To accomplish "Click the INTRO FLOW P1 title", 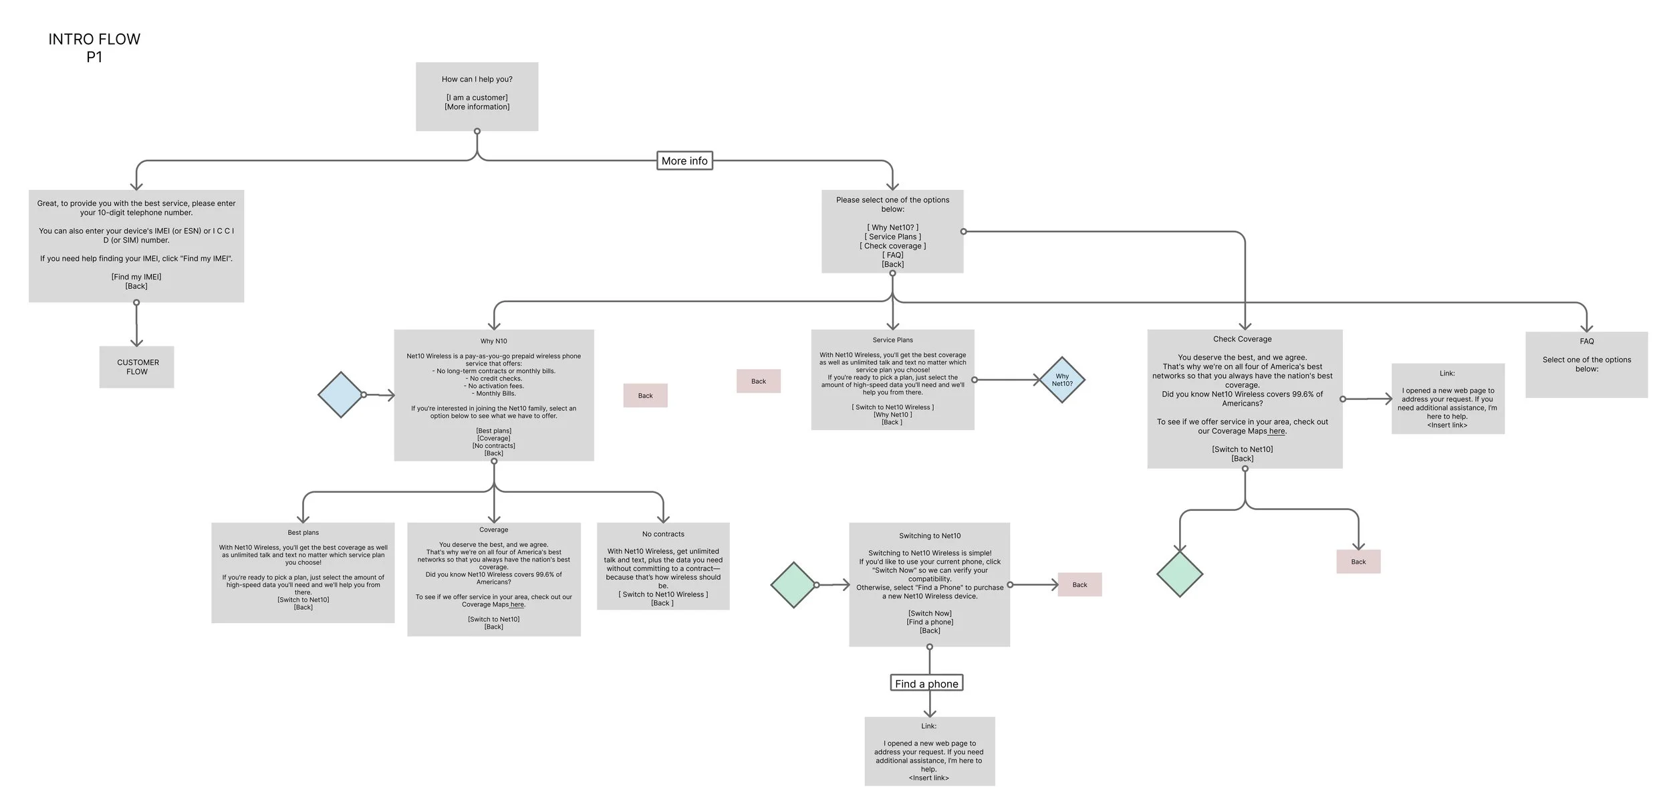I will click(x=94, y=48).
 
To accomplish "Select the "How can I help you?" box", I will click(x=477, y=96).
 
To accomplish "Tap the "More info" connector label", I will click(x=684, y=161).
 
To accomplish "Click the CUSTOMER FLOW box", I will click(x=137, y=367).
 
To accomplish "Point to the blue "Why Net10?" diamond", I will click(x=1061, y=380).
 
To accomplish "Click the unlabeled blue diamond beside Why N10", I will click(x=340, y=394).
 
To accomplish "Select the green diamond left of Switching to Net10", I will click(x=793, y=585).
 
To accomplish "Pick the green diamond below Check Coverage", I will click(x=1179, y=574).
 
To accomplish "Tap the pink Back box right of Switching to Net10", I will click(x=1079, y=585).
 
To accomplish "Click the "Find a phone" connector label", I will click(x=926, y=683).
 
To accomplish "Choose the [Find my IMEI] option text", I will click(x=136, y=277).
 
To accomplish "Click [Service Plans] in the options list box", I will click(x=892, y=237).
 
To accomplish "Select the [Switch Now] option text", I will click(x=929, y=613).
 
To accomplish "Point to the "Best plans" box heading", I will click(x=303, y=533).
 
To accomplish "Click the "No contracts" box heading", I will click(x=663, y=534).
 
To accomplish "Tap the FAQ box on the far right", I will click(x=1585, y=364).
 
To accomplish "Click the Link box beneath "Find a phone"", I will click(x=929, y=752).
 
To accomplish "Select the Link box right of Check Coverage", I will click(x=1447, y=399).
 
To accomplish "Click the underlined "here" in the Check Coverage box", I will click(x=1277, y=431).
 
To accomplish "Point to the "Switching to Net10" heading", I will click(x=929, y=536).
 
